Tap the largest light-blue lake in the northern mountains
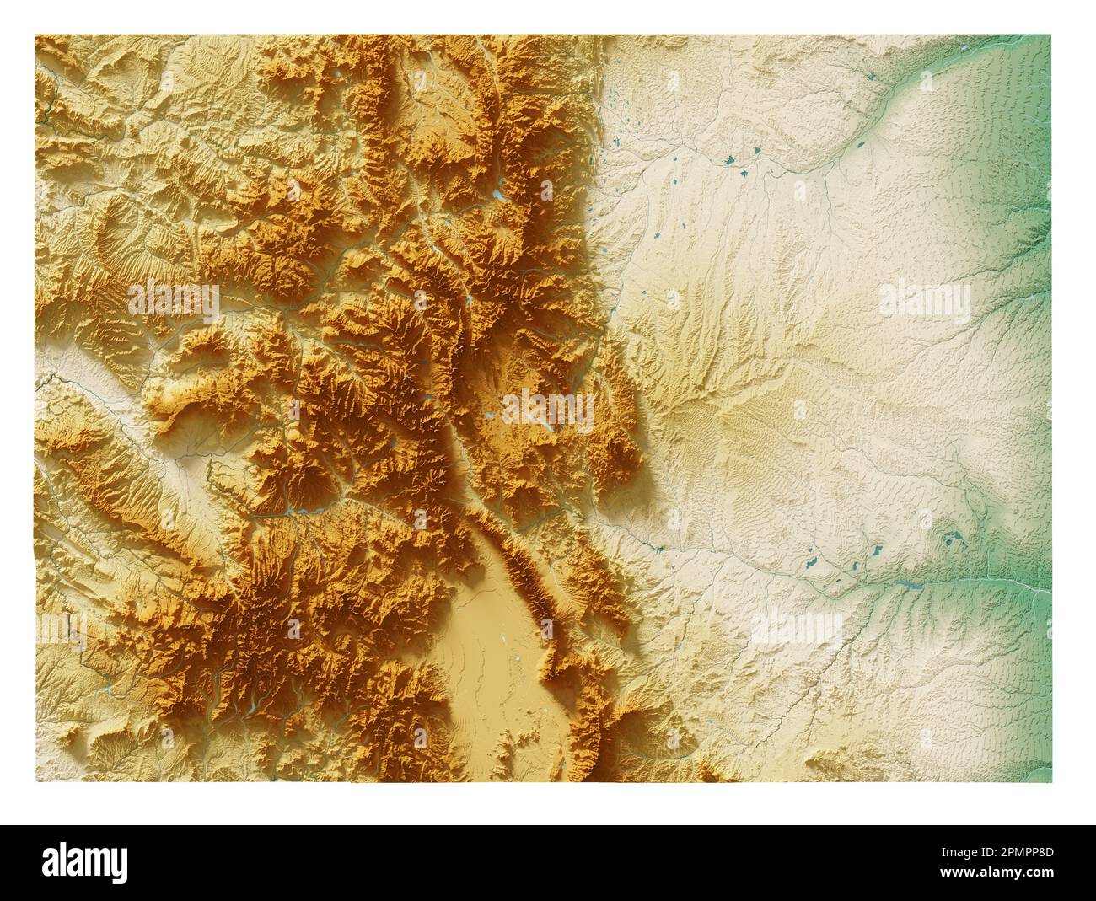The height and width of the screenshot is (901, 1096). point(501,195)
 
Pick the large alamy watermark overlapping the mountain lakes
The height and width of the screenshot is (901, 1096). point(548,409)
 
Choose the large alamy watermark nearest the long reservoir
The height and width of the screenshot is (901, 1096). point(797,628)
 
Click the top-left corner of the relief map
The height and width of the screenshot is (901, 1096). point(35,35)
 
